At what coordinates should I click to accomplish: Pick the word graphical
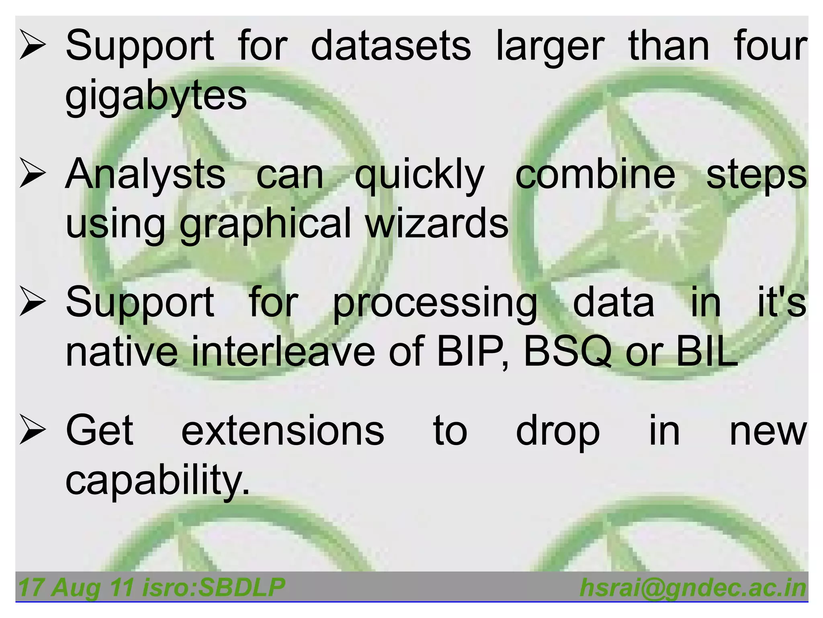(x=266, y=224)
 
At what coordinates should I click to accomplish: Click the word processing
(x=435, y=303)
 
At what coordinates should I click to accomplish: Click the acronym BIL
(x=707, y=351)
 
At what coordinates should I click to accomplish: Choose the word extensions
(x=283, y=431)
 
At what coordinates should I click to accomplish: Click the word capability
(x=157, y=480)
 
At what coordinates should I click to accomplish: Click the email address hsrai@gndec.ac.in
(x=692, y=587)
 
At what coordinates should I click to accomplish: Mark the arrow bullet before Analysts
(x=32, y=174)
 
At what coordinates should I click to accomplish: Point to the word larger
(x=550, y=47)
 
